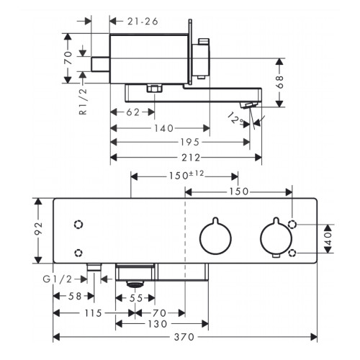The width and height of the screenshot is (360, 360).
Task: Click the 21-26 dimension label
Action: click(143, 22)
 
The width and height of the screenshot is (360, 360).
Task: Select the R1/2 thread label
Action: click(83, 102)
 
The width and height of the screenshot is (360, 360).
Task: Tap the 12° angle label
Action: click(235, 118)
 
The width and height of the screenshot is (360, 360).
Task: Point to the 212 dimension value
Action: click(191, 158)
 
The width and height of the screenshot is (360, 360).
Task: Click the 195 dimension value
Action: click(190, 143)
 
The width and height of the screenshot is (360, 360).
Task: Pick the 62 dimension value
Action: click(132, 112)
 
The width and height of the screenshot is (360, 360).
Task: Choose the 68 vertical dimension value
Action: click(279, 82)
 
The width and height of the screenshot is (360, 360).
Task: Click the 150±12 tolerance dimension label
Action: click(186, 175)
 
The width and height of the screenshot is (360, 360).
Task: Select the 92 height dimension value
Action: click(38, 228)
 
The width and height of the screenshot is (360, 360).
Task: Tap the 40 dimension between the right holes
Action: click(328, 238)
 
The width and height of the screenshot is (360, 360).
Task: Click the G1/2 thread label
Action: click(58, 279)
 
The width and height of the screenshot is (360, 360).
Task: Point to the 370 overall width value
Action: click(184, 337)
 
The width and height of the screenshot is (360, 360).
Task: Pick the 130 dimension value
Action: click(157, 324)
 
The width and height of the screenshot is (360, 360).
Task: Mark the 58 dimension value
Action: click(75, 297)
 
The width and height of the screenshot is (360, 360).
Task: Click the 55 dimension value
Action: click(136, 298)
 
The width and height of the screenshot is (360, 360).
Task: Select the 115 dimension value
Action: click(93, 313)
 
